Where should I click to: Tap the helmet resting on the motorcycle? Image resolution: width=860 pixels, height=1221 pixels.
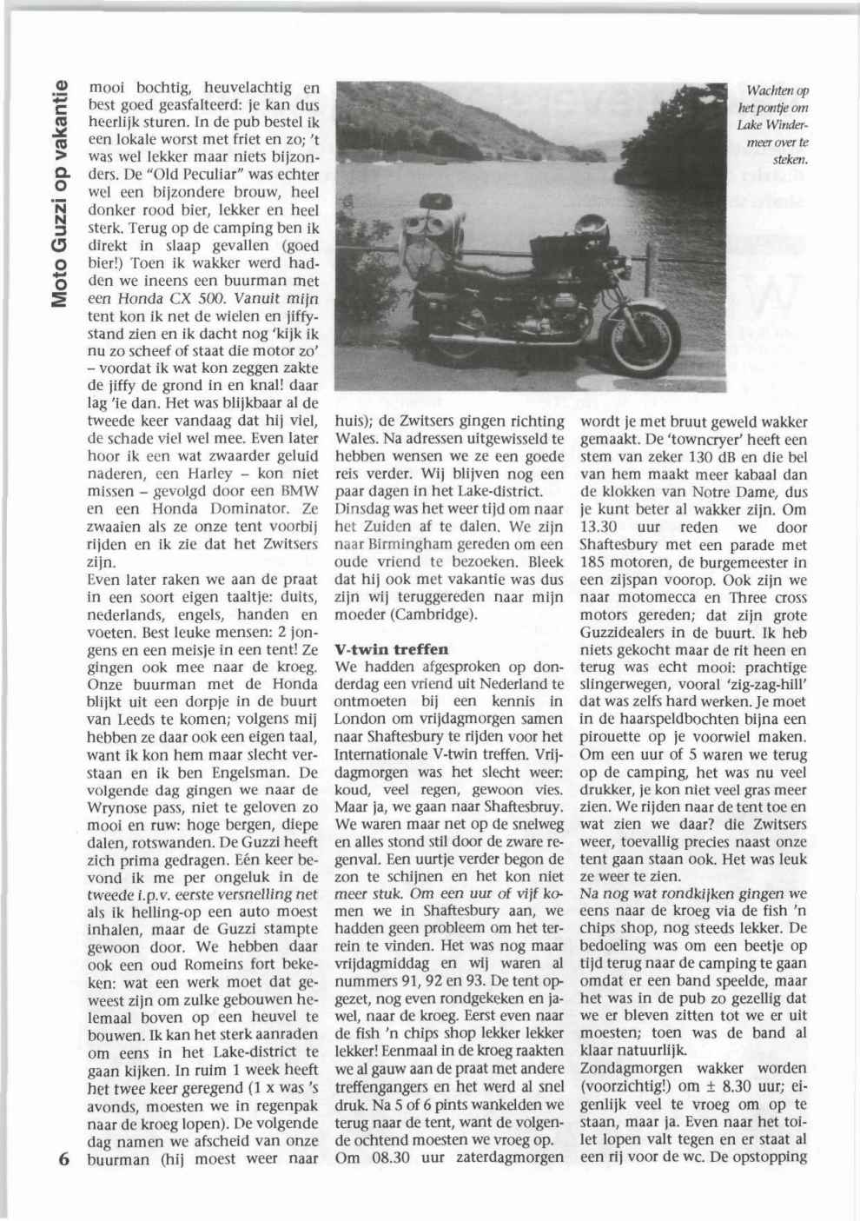click(x=592, y=225)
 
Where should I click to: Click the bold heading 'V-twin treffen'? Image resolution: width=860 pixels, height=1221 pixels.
click(x=380, y=649)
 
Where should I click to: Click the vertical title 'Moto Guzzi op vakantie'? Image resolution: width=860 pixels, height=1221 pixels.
click(x=59, y=192)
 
